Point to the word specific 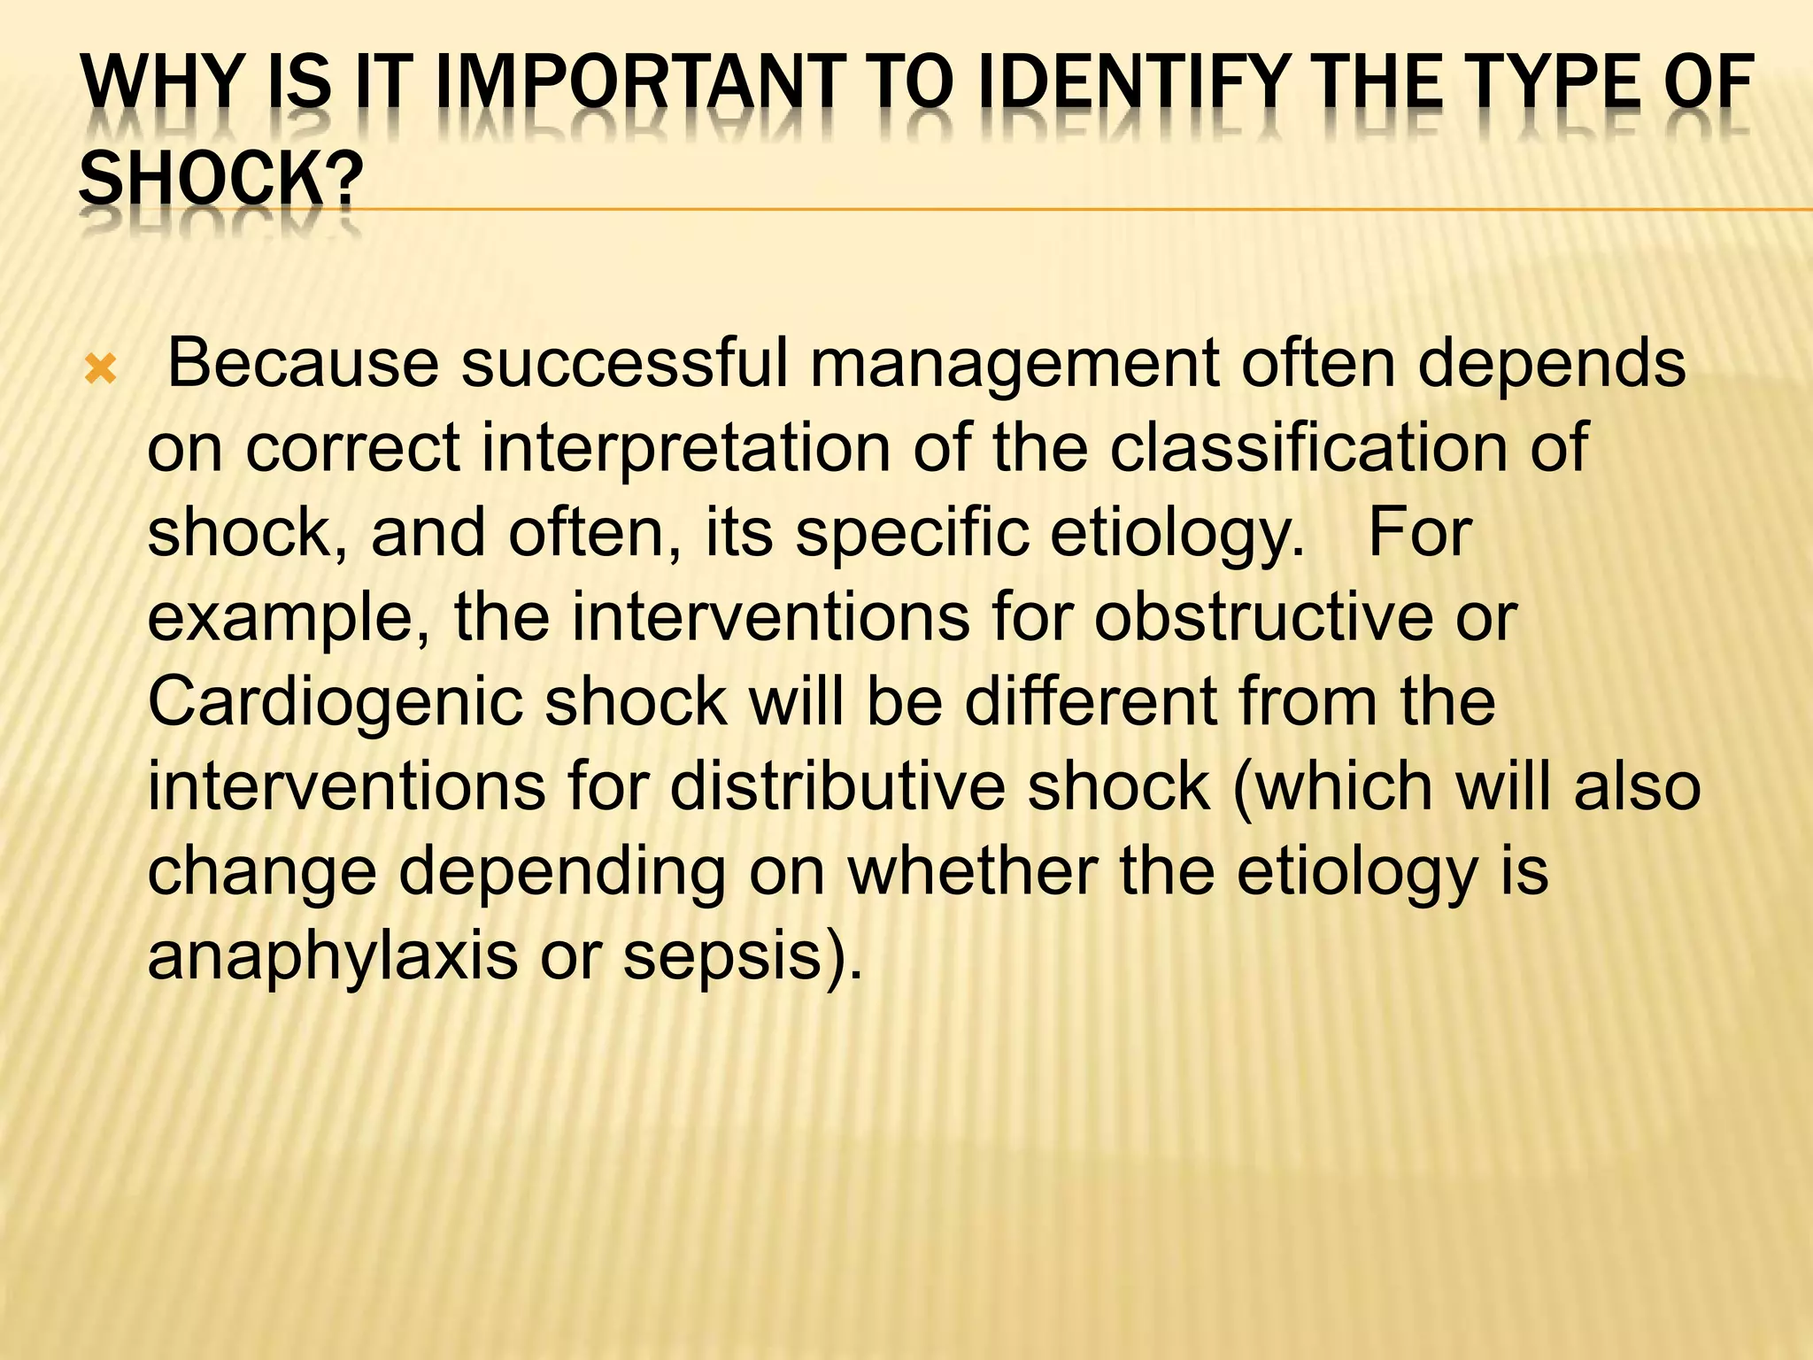coord(911,533)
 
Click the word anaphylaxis coord(332,956)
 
